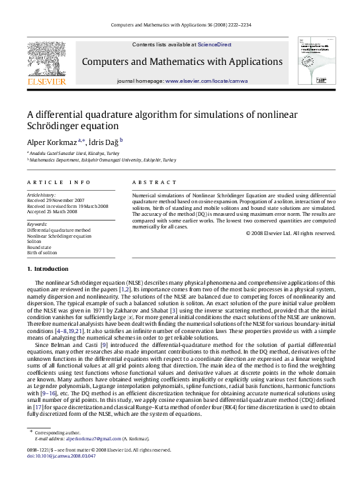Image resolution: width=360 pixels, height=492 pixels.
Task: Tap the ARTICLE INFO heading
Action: pos(59,182)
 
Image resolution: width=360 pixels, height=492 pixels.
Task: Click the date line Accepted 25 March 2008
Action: pos(56,211)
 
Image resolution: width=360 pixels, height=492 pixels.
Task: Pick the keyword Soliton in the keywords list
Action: pos(35,241)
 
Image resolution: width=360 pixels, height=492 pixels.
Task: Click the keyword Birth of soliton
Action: pos(43,253)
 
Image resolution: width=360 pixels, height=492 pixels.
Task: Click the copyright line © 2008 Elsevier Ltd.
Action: pos(291,233)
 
